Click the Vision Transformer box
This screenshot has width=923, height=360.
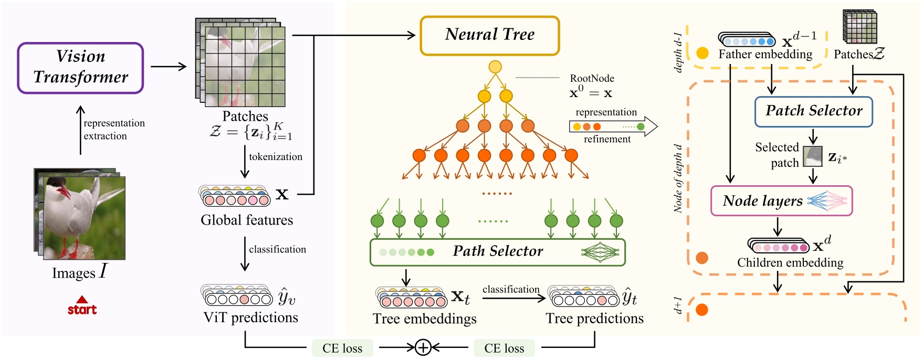[80, 68]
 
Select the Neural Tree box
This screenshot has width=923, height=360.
[489, 35]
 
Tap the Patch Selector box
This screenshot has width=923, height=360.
[813, 111]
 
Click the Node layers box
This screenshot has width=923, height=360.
[781, 201]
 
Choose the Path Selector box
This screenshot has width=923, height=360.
[497, 252]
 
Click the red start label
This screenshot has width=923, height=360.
[82, 309]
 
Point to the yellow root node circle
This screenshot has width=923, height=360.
[495, 67]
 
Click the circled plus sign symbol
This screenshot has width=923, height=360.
[423, 347]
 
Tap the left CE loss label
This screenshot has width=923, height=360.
[342, 348]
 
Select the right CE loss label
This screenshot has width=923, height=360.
[504, 348]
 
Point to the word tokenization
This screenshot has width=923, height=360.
[276, 157]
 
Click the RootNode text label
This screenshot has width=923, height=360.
[592, 79]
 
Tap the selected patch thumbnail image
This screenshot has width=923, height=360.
[813, 156]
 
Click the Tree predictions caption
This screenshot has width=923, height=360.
[594, 319]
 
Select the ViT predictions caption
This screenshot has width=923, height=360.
[250, 317]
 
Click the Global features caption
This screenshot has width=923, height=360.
[247, 220]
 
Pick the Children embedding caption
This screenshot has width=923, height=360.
[790, 262]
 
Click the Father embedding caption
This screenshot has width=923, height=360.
[765, 55]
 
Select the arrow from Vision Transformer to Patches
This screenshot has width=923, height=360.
[168, 67]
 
